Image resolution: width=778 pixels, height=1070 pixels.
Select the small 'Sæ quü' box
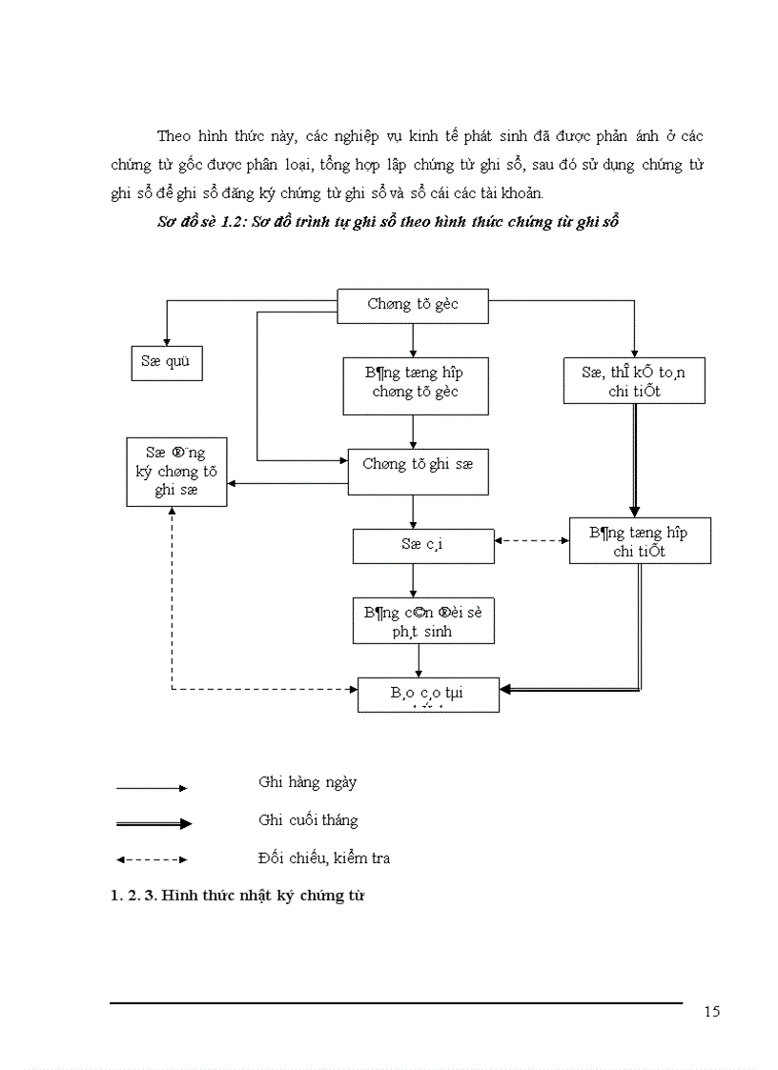pos(166,363)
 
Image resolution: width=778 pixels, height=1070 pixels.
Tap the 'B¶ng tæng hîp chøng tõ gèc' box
pos(416,385)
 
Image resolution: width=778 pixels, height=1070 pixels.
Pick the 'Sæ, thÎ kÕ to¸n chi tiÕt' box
pos(633,382)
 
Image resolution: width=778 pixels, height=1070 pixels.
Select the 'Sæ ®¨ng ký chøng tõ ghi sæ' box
pos(176,471)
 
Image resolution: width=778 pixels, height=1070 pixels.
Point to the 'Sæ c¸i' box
pos(423,546)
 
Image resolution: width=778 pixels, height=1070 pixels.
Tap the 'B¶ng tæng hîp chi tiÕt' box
pos(640,541)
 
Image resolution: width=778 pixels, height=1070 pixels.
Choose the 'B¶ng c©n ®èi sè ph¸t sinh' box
pos(422,621)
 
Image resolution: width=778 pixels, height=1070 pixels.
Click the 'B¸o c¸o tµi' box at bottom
pos(428,695)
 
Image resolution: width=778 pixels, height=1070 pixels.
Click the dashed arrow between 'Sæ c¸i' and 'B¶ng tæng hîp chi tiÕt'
pos(532,541)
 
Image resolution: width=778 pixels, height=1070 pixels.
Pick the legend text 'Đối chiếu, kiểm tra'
pos(323,858)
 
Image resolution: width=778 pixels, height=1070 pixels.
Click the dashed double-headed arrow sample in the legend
pos(152,859)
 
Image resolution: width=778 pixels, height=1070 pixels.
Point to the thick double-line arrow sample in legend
pos(154,823)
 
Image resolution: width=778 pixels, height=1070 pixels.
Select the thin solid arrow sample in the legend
pos(152,788)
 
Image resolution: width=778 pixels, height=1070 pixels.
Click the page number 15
pos(711,1012)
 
